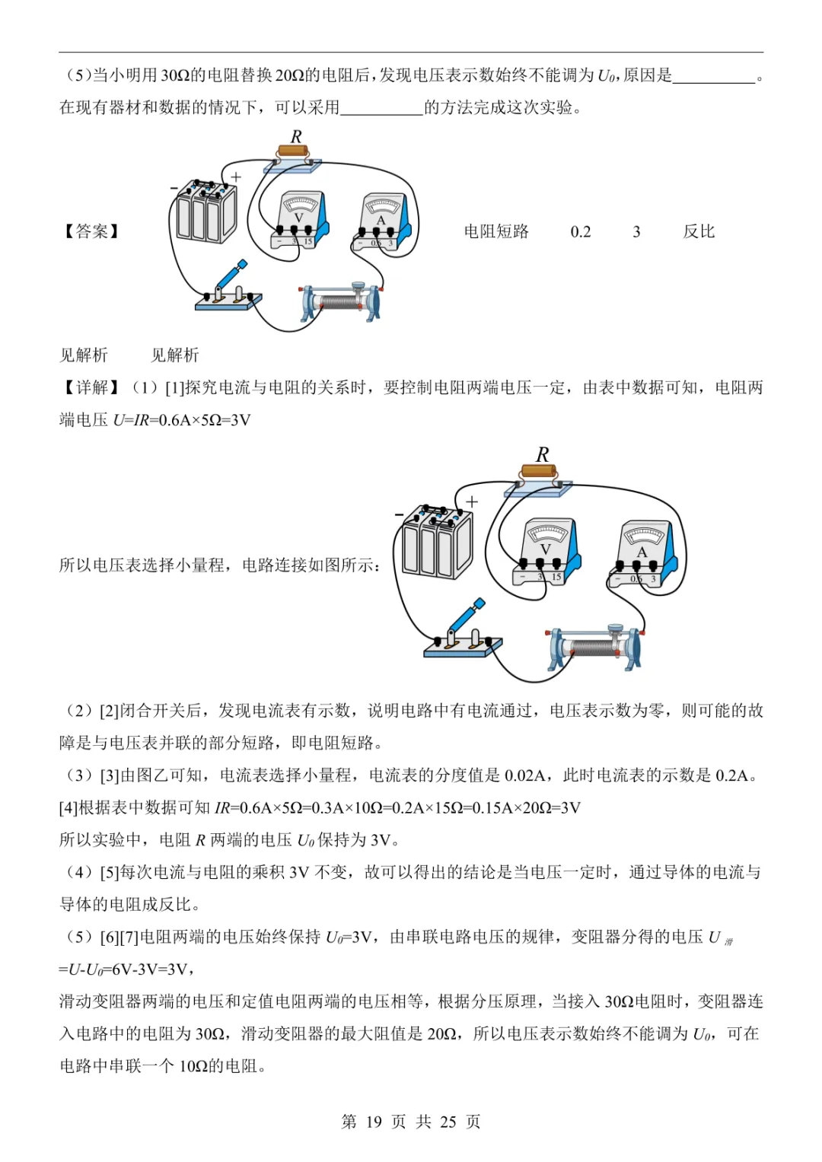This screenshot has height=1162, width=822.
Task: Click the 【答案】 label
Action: (92, 231)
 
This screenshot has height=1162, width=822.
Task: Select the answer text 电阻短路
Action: (496, 231)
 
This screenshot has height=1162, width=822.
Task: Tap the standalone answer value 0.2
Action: (581, 232)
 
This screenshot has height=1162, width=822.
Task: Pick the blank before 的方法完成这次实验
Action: (381, 108)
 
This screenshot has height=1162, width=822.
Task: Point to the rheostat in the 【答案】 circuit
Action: (340, 302)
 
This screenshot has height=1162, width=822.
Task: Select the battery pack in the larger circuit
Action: (436, 542)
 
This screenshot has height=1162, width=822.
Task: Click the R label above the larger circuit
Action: (543, 455)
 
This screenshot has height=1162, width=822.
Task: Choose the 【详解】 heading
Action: (92, 388)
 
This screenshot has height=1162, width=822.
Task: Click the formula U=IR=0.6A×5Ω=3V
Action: (182, 421)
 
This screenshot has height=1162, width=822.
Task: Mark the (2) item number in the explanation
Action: (79, 711)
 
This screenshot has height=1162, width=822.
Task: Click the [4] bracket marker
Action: (68, 808)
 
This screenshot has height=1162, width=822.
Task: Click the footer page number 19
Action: (374, 1122)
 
